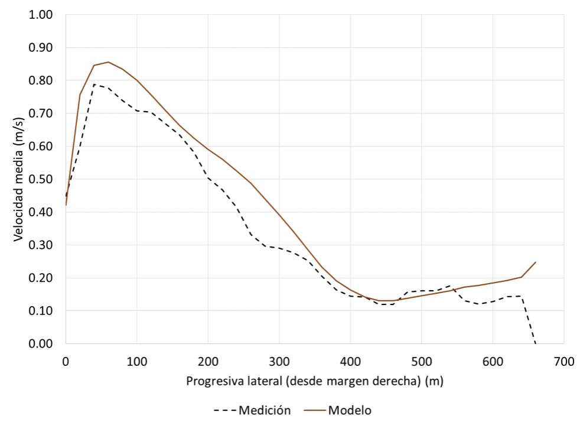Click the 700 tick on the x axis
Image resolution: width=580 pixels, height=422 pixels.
[563, 360]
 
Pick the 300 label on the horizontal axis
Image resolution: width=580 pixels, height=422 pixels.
[279, 360]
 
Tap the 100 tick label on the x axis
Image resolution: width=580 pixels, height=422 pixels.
[136, 360]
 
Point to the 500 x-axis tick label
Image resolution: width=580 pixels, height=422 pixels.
[421, 360]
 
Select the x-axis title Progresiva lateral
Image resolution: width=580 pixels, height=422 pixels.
[314, 381]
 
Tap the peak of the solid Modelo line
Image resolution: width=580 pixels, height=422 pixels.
[108, 62]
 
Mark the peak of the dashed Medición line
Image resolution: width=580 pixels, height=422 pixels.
[94, 85]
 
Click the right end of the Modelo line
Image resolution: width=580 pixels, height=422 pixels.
[535, 262]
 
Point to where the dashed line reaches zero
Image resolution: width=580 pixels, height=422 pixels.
[535, 343]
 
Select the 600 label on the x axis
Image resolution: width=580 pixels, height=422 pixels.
[492, 360]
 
